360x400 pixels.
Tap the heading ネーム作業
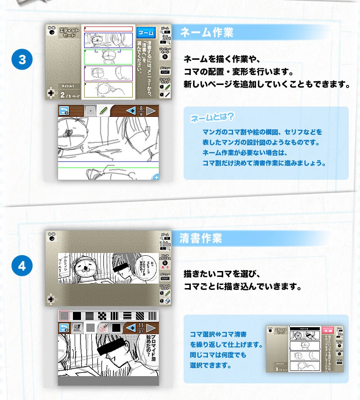[207, 32]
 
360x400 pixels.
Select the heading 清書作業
[201, 238]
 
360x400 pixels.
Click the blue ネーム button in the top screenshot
[145, 33]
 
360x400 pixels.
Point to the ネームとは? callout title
[211, 118]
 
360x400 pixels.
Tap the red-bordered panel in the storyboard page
[109, 29]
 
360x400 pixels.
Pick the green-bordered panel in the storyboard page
[109, 57]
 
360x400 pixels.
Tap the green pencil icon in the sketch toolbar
[103, 111]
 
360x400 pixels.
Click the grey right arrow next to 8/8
[151, 111]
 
